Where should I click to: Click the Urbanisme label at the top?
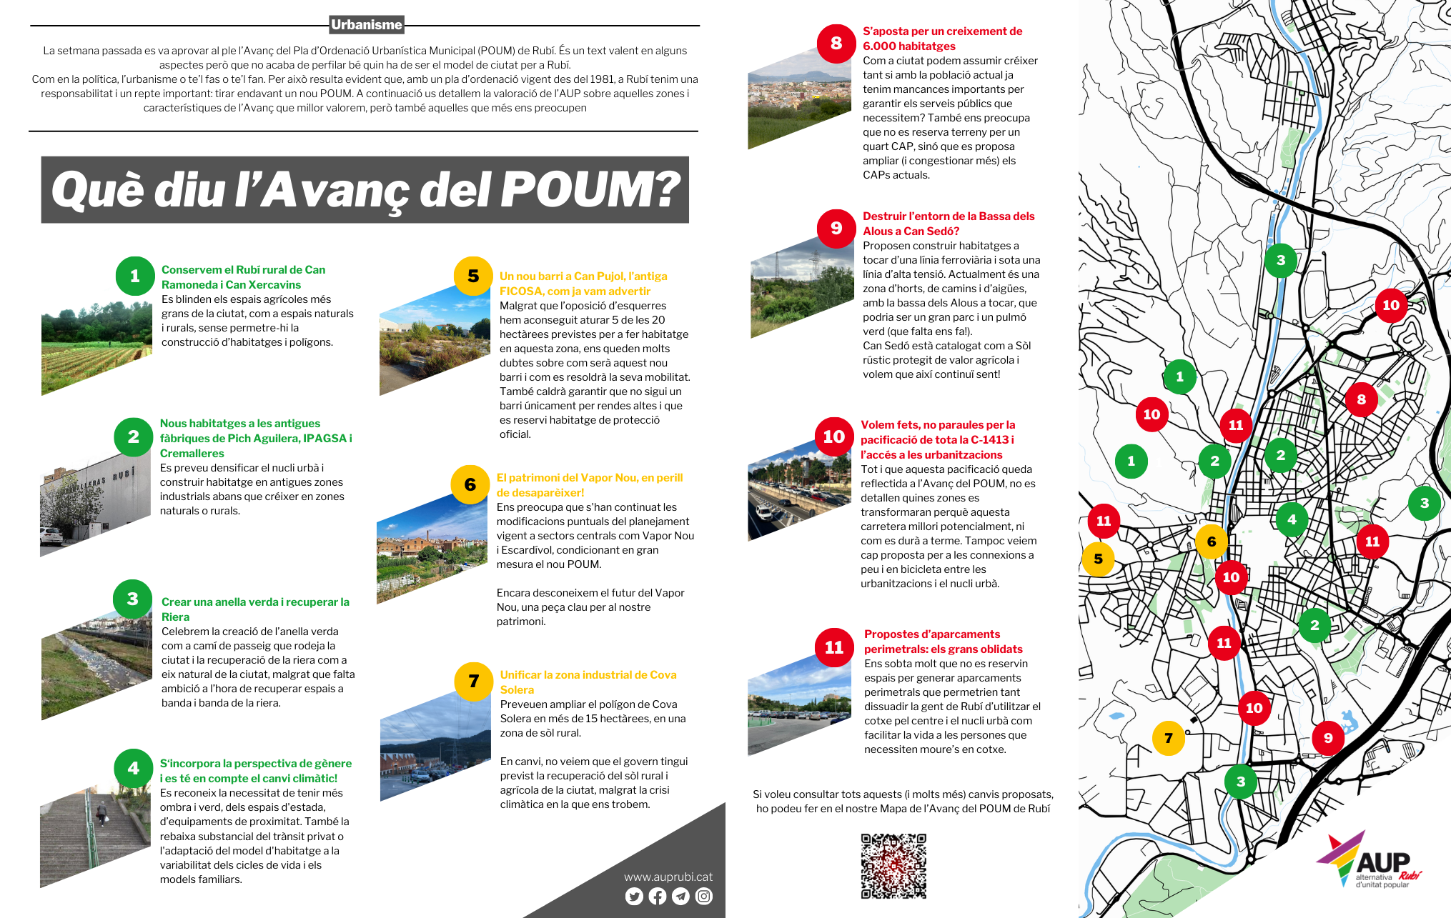(x=367, y=25)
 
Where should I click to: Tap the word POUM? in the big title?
(x=590, y=190)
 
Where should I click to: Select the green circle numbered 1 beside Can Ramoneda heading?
(x=134, y=276)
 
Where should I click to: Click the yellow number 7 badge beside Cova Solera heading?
(x=473, y=681)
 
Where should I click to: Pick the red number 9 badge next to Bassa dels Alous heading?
(x=836, y=228)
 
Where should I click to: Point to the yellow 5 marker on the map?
(x=1099, y=559)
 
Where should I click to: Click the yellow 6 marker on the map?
(x=1212, y=542)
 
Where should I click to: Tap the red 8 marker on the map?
(x=1361, y=399)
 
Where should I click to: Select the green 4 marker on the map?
(x=1292, y=519)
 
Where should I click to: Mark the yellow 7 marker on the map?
(x=1169, y=738)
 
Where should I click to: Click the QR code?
(x=893, y=866)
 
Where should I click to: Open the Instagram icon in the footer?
(x=704, y=896)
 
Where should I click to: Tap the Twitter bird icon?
(x=634, y=896)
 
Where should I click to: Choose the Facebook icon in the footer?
(x=658, y=896)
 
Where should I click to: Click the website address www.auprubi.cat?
(x=668, y=877)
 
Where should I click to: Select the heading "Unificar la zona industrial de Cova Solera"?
(x=588, y=682)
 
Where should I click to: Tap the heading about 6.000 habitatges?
(x=941, y=39)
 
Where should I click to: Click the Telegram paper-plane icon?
(x=680, y=896)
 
